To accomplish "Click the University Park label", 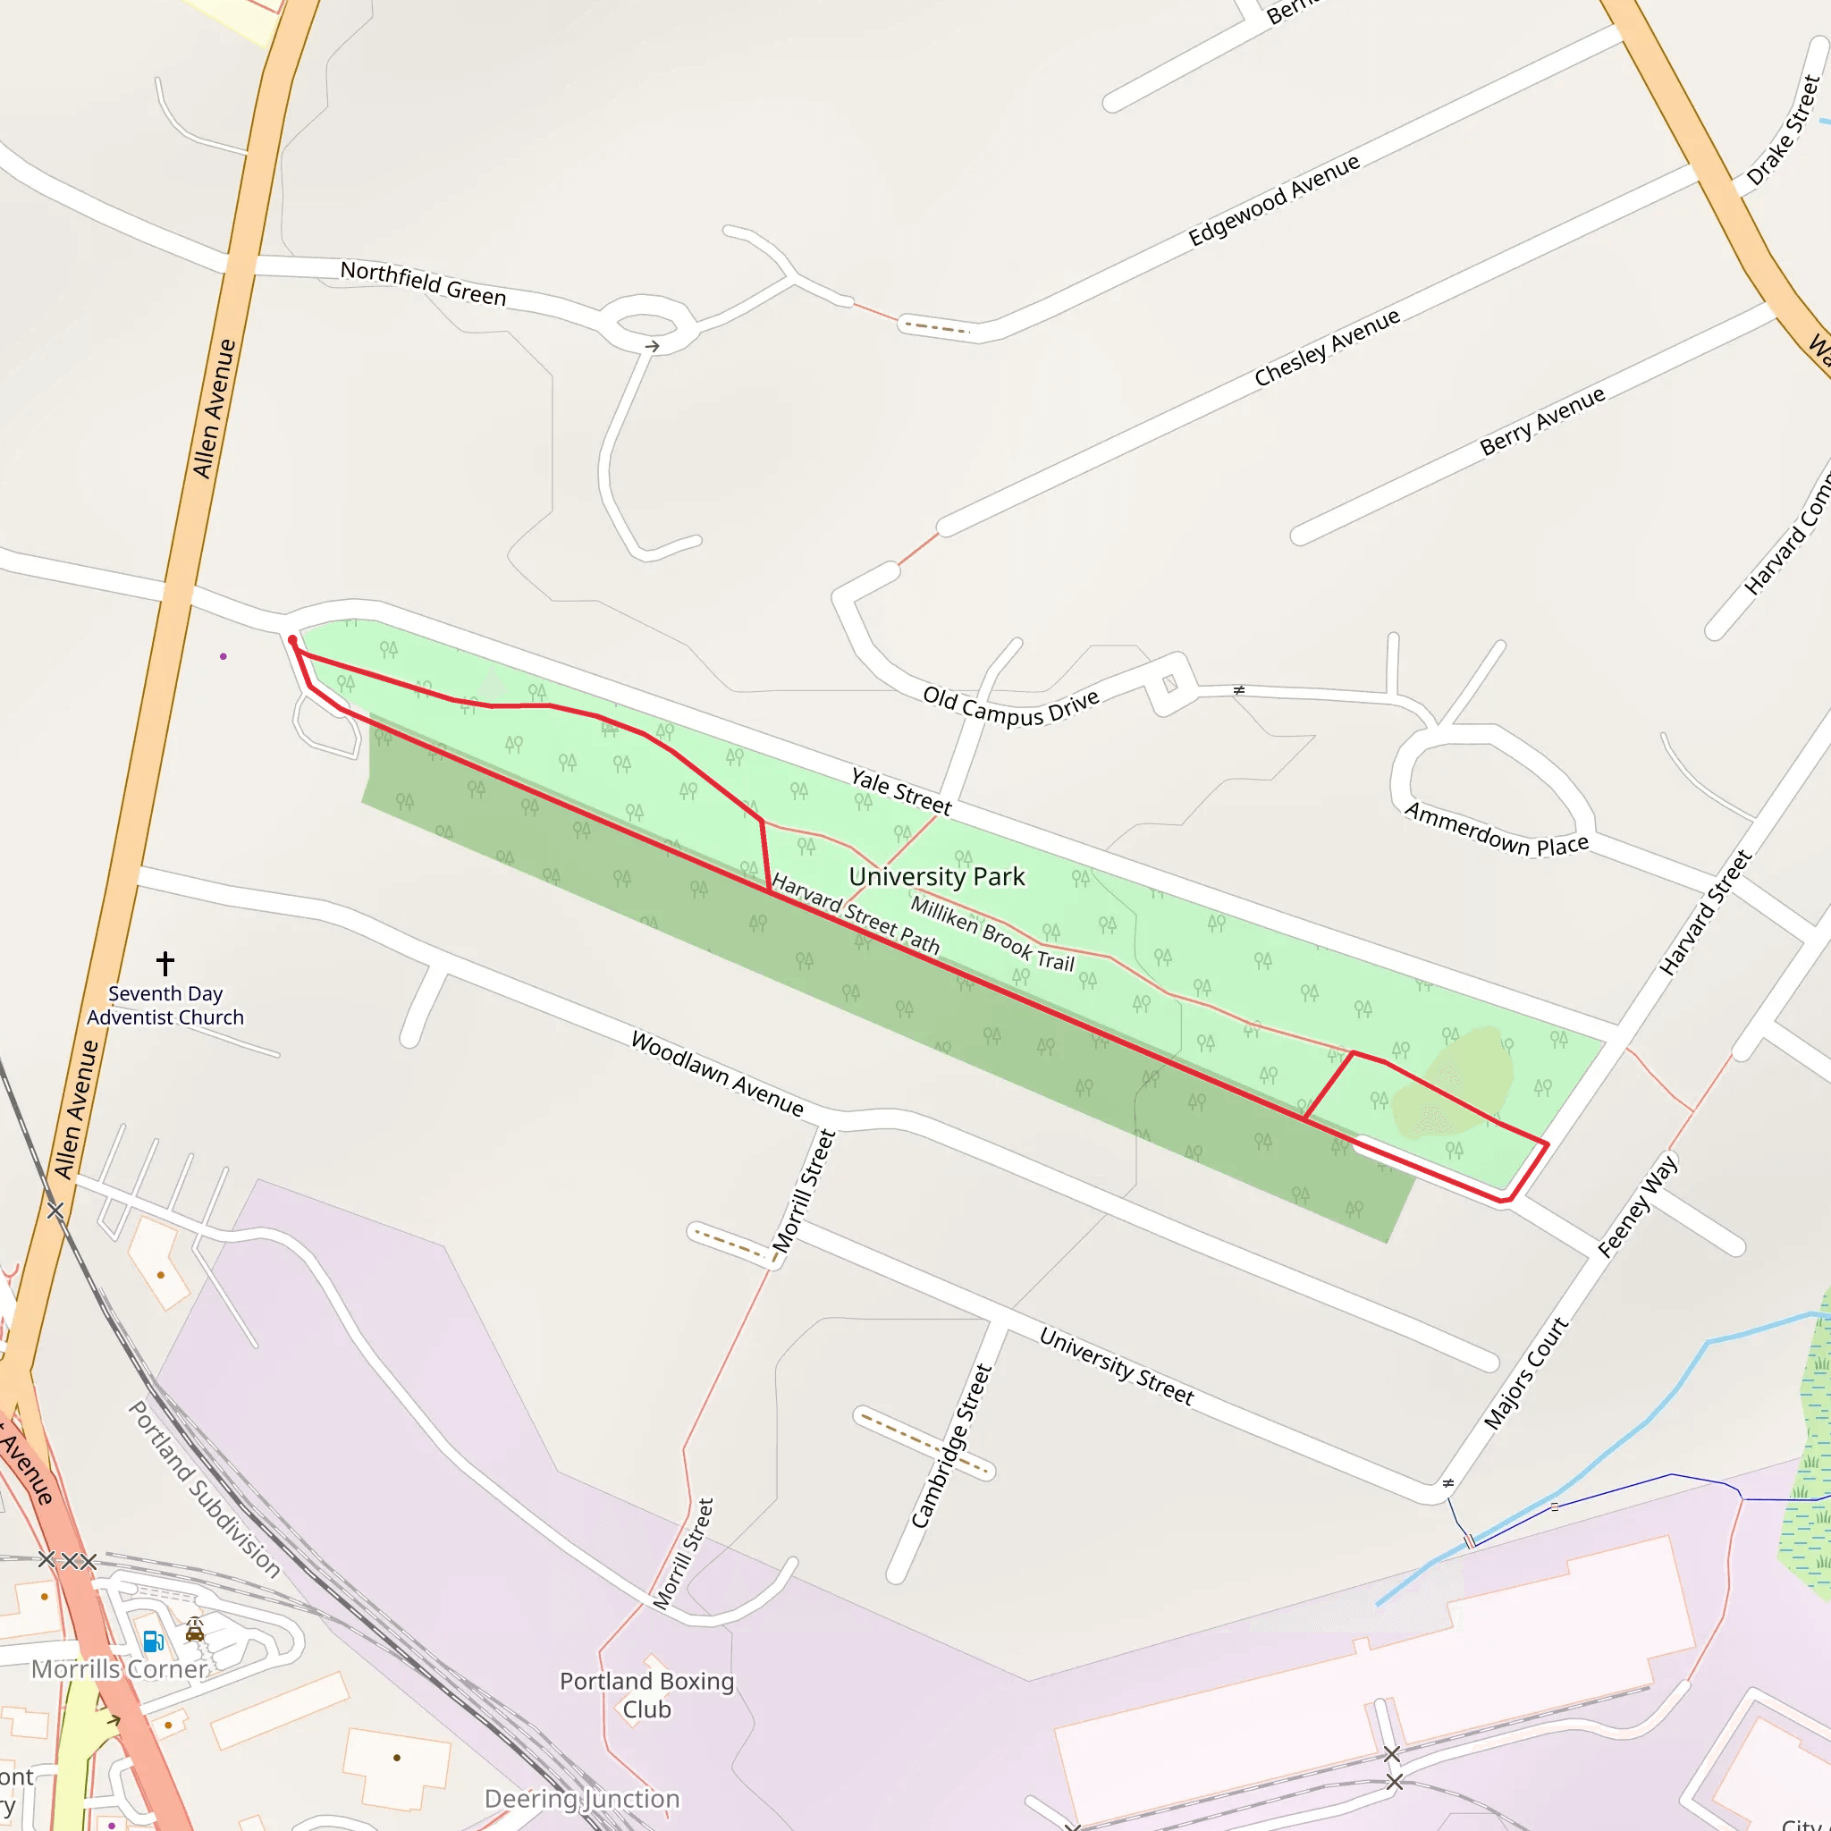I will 936,877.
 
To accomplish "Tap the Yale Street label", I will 900,791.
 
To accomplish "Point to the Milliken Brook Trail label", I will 992,934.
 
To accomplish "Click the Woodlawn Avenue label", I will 717,1074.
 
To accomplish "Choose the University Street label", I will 1117,1366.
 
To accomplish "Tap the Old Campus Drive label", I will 1011,706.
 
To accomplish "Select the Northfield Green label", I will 423,283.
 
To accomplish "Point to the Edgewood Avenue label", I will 1274,200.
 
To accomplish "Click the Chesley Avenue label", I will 1327,348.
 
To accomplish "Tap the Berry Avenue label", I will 1542,420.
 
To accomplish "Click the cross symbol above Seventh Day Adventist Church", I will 165,963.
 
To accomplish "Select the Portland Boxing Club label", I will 647,1694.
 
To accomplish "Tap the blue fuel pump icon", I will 153,1641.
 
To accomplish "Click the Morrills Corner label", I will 120,1669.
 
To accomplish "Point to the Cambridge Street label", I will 950,1446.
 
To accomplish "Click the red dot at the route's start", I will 293,641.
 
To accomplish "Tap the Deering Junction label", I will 582,1799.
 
